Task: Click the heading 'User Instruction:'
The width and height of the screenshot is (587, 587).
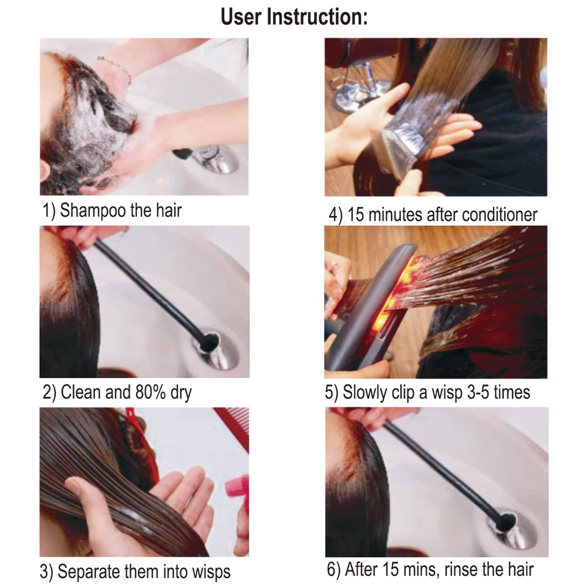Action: click(x=293, y=17)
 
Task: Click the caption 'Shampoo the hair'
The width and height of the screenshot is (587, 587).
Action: click(x=121, y=210)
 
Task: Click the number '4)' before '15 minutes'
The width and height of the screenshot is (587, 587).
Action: click(x=336, y=214)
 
